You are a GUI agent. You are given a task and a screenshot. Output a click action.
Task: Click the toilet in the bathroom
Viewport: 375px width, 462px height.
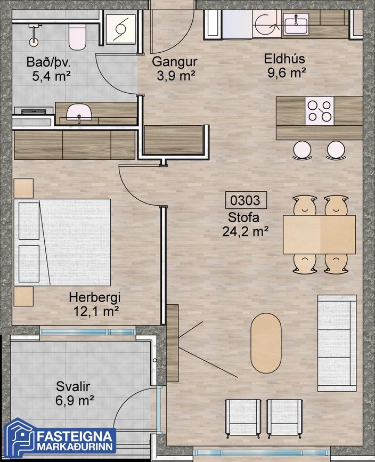click(77, 37)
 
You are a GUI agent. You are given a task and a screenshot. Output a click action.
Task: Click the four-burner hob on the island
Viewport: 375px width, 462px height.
click(320, 111)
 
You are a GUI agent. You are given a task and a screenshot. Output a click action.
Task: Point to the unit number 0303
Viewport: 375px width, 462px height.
click(246, 200)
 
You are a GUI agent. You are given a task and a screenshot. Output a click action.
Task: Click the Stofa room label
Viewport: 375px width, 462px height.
click(243, 217)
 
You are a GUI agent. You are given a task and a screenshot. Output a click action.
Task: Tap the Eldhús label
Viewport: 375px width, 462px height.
click(284, 59)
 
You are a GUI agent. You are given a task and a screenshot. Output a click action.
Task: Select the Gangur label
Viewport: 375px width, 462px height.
click(174, 62)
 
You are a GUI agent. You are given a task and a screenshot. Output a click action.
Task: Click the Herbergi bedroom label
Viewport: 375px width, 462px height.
click(95, 297)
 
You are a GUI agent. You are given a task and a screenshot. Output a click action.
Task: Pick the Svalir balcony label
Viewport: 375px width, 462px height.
click(73, 386)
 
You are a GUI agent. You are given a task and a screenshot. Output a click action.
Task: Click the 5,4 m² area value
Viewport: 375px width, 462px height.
click(51, 77)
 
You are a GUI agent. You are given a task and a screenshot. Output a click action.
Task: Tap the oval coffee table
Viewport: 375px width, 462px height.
click(266, 343)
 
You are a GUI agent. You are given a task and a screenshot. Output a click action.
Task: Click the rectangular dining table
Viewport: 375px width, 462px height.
click(319, 234)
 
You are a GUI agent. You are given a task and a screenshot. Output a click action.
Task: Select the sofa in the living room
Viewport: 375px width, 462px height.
click(337, 343)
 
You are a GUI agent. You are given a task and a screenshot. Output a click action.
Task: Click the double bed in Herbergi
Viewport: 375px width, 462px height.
click(62, 242)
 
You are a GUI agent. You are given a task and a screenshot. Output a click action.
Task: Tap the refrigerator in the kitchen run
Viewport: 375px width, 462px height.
click(237, 25)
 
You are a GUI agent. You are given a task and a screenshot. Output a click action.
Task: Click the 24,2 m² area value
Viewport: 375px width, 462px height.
click(245, 232)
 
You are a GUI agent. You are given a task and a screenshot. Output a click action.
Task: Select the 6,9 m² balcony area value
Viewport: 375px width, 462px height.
click(75, 401)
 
